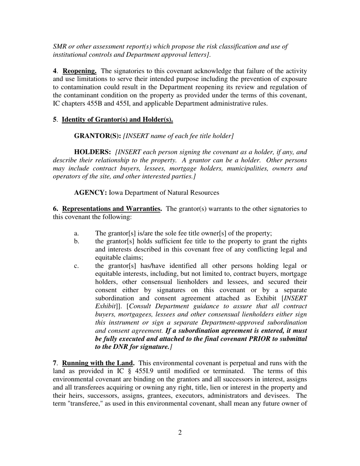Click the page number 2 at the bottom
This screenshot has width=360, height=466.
[180, 433]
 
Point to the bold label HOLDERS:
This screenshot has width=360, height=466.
[92, 152]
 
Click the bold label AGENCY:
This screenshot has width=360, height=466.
[91, 193]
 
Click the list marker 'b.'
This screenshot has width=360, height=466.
[77, 241]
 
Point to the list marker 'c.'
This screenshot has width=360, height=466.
[77, 266]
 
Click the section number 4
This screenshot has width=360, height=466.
[55, 71]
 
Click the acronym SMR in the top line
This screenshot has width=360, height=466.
[60, 47]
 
